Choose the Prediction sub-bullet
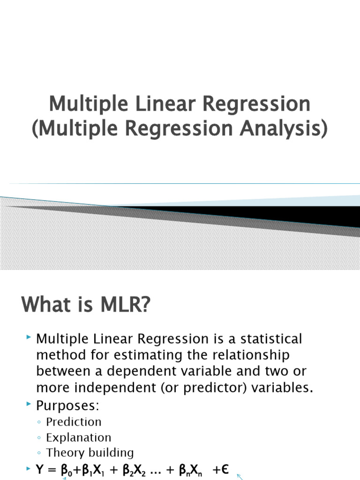click(x=74, y=422)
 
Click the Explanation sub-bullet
click(x=79, y=437)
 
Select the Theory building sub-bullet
click(x=90, y=453)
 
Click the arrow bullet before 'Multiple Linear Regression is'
click(x=29, y=338)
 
